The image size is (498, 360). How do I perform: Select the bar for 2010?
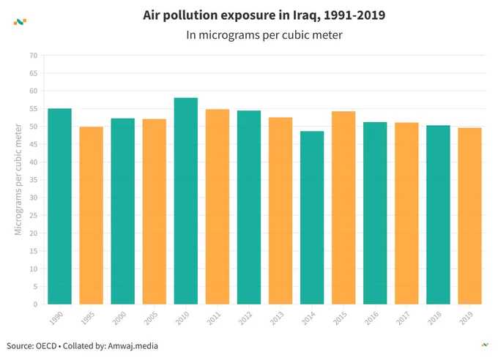[186, 201]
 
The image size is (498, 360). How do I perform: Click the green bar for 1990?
[60, 206]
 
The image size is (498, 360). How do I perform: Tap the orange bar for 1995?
[91, 216]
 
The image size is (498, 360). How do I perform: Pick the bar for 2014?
[312, 217]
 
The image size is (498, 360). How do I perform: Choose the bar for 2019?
[469, 216]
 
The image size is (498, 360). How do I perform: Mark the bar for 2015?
[343, 208]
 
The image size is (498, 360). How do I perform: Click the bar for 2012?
[249, 207]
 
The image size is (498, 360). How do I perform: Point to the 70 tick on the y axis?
[34, 56]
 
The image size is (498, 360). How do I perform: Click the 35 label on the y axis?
[34, 180]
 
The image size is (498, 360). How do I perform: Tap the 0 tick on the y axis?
[35, 304]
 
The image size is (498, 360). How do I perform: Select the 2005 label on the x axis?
[151, 318]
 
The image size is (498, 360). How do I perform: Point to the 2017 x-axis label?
[403, 318]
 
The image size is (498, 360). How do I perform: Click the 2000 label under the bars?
[119, 318]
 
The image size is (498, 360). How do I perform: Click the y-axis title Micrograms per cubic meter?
[18, 180]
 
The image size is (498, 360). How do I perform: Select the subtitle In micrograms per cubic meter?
[264, 35]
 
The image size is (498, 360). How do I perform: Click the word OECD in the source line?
[46, 345]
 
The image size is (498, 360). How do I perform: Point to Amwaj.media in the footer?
[133, 345]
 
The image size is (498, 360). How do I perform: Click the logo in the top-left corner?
[20, 22]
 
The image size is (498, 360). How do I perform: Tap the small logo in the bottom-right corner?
[485, 345]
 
